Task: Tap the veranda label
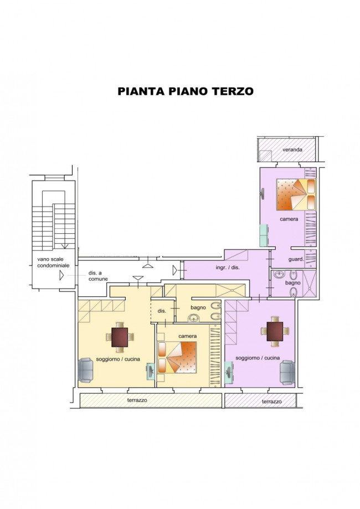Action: [292, 150]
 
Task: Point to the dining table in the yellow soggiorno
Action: [120, 336]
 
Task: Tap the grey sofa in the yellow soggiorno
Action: [85, 370]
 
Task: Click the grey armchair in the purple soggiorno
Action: [287, 372]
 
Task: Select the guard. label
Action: [295, 259]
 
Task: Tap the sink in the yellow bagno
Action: [194, 318]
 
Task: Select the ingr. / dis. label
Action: [228, 268]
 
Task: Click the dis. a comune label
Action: [98, 276]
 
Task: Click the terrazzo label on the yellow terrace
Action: [136, 400]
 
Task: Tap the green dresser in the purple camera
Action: [264, 235]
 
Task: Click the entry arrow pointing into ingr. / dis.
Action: [176, 270]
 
